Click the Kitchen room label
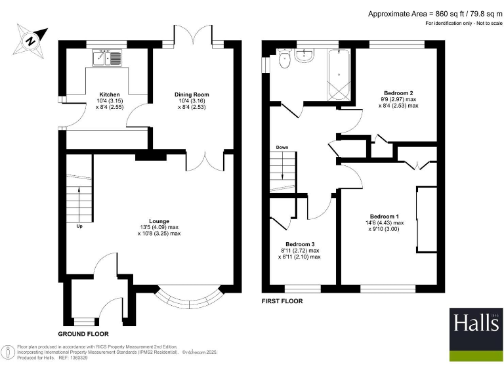pos(110,94)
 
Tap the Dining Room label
pos(192,94)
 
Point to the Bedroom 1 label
pos(385,217)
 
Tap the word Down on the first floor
pos(282,147)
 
